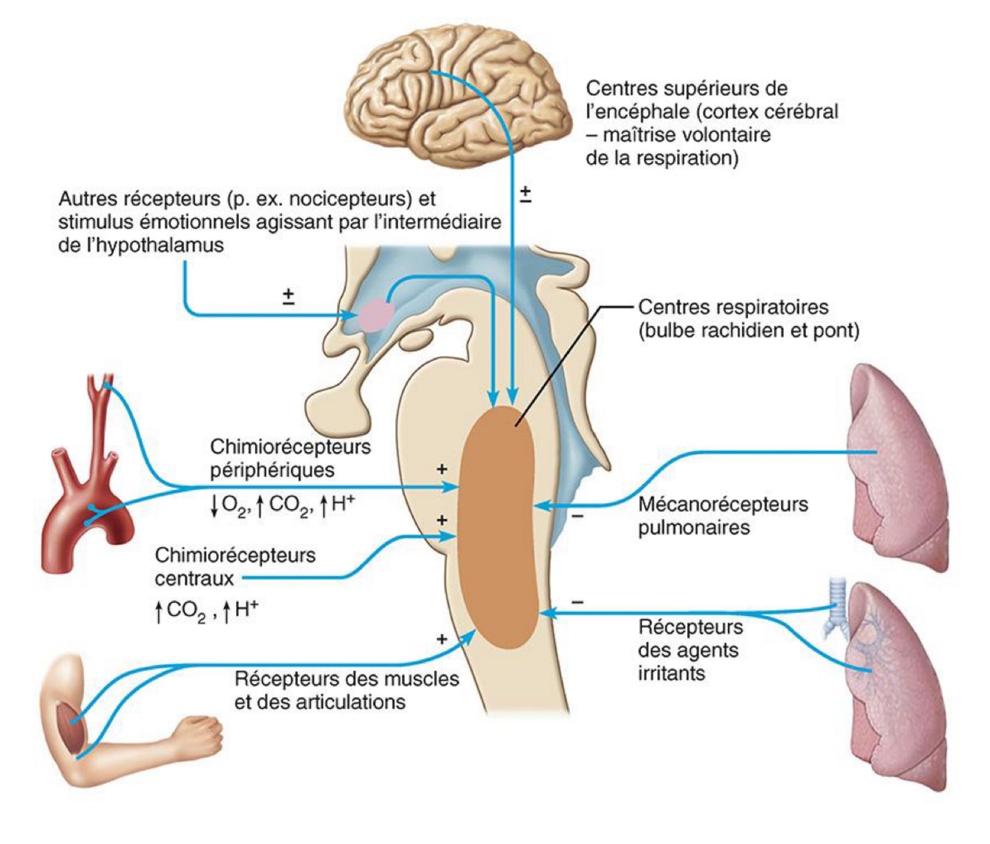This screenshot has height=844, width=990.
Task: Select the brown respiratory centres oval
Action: pyautogui.click(x=498, y=527)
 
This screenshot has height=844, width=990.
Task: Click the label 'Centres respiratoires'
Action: pyautogui.click(x=732, y=307)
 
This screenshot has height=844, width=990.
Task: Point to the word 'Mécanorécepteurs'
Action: pyautogui.click(x=722, y=505)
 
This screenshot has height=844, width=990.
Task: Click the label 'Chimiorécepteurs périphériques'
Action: pyautogui.click(x=289, y=458)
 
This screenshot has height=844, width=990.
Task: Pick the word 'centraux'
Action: pyautogui.click(x=194, y=578)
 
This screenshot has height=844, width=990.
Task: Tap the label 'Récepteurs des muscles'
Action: pyautogui.click(x=347, y=678)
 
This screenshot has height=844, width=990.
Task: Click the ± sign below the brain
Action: pyautogui.click(x=525, y=194)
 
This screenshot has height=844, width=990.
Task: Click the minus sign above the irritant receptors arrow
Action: pyautogui.click(x=578, y=602)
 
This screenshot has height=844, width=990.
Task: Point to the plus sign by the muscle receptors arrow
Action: pyautogui.click(x=442, y=639)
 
